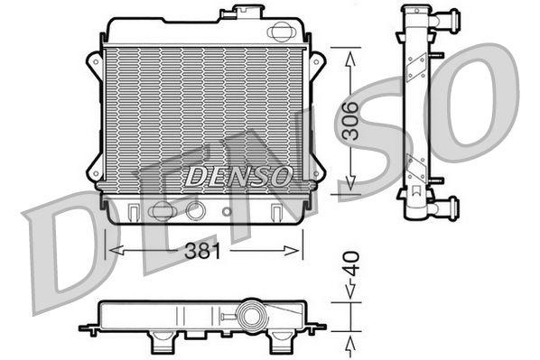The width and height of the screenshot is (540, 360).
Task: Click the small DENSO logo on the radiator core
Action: pos(238,175)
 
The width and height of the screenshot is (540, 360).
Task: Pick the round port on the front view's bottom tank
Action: pos(194,211)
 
